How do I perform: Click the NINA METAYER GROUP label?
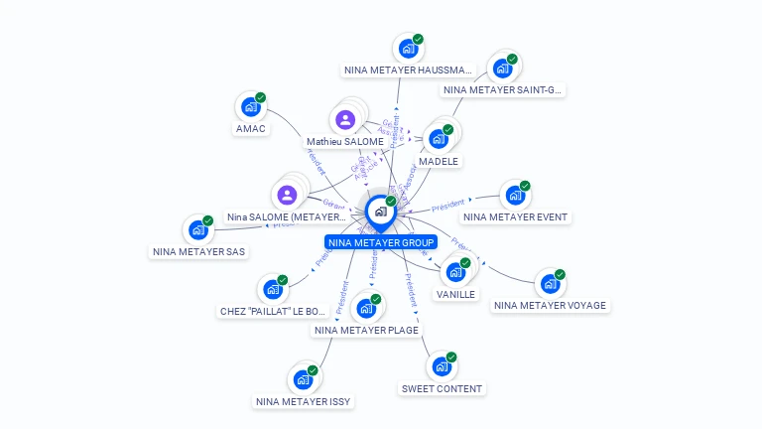tap(381, 242)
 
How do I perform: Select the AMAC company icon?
tap(250, 107)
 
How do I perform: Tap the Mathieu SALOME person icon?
tap(344, 120)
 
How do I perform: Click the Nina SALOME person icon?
tap(287, 195)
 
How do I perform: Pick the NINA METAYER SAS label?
tap(198, 252)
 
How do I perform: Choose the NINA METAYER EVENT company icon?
tap(514, 196)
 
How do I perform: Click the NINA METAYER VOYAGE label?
tap(550, 306)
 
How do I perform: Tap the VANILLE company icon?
tap(455, 272)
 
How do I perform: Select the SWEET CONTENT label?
tap(442, 389)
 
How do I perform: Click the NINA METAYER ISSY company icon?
tap(302, 380)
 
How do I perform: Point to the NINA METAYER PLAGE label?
tap(366, 331)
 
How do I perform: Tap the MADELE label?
tap(439, 161)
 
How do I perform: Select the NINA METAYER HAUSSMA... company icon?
tap(407, 49)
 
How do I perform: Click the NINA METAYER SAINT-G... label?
tap(502, 90)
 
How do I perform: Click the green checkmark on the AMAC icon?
tap(261, 97)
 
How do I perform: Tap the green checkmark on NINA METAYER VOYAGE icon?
tap(560, 274)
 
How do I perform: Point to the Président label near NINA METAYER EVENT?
tap(447, 207)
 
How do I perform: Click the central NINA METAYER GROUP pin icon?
tap(380, 212)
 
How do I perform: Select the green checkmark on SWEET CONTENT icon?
tap(451, 357)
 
